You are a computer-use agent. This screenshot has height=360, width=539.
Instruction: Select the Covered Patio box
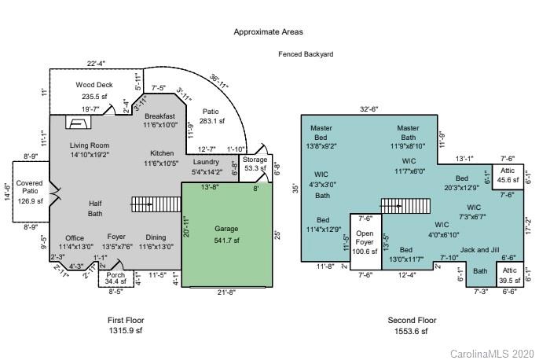[x=30, y=196]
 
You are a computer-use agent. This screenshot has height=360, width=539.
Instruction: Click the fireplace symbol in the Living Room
[x=77, y=123]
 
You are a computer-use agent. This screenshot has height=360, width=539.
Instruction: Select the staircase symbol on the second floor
[x=400, y=206]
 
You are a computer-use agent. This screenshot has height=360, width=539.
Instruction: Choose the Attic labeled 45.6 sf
[x=508, y=175]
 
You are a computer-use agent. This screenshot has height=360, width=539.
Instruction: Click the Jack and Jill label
[x=479, y=250]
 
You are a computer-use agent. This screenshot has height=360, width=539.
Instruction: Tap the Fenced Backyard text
[x=306, y=54]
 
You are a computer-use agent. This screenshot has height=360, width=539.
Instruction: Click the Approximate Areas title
[x=268, y=32]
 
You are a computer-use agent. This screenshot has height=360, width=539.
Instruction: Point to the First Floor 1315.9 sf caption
[x=126, y=325]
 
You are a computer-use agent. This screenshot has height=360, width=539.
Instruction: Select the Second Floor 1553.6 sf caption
[x=412, y=325]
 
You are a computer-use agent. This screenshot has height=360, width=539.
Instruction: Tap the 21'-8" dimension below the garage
[x=225, y=294]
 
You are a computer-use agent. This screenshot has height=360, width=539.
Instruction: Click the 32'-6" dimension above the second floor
[x=369, y=109]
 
